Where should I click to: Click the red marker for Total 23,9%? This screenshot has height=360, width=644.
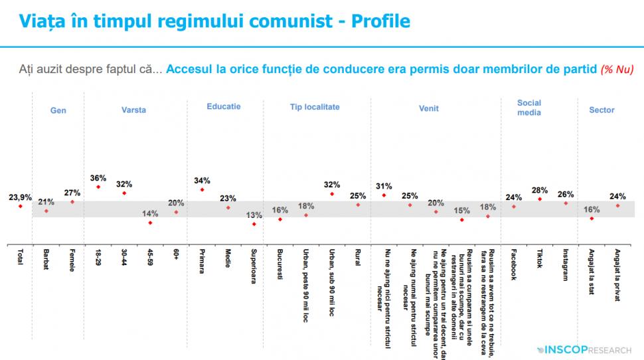tap(20, 207)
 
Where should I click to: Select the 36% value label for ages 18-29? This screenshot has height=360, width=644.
tap(98, 178)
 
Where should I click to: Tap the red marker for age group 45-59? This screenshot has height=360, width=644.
tap(150, 223)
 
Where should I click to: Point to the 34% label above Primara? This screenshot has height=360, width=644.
tap(202, 180)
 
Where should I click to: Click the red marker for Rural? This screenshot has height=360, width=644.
tap(357, 205)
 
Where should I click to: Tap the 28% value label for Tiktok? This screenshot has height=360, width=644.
tap(539, 190)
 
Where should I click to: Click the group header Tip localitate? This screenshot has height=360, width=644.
tap(315, 106)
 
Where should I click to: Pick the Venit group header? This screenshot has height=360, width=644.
tap(428, 109)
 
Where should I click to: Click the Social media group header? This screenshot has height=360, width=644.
tap(529, 108)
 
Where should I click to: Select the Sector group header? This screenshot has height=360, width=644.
tap(602, 110)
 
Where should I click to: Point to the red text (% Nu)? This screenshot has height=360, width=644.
tap(617, 69)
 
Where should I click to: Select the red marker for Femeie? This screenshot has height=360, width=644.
tap(72, 202)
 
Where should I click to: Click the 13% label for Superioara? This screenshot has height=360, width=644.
tap(253, 215)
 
